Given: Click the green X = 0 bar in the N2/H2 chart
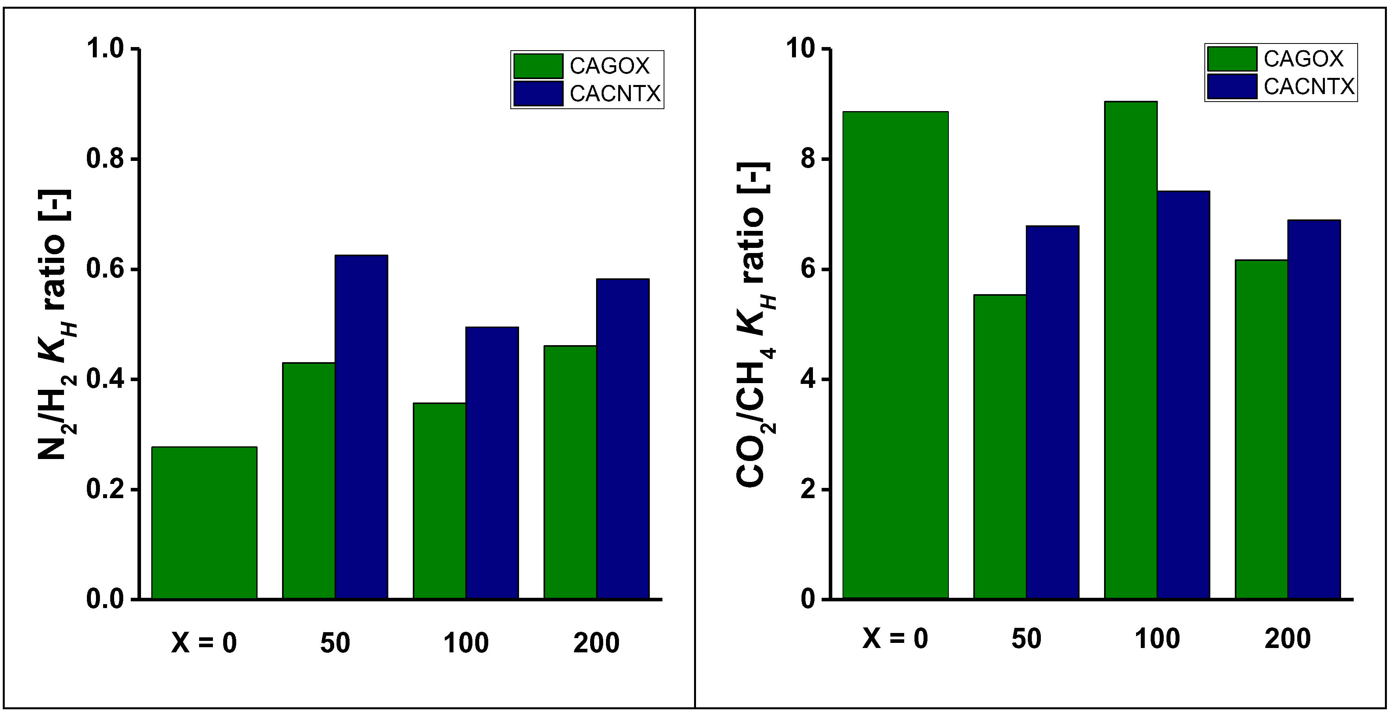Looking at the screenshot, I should [204, 523].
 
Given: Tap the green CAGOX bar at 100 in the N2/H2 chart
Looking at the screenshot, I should [439, 501].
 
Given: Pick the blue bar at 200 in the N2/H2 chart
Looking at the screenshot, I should [622, 439].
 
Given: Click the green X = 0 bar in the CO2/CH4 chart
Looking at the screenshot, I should [895, 355].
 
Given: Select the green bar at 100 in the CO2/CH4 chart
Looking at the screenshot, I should [1131, 350].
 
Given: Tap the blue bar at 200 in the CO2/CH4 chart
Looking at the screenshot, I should [1313, 409].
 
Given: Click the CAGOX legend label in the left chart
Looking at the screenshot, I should [610, 66].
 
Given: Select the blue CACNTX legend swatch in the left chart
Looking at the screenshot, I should [538, 93].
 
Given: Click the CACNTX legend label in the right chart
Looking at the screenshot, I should [1309, 87].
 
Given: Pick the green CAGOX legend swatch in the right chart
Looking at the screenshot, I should [1232, 59].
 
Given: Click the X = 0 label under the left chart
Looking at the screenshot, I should [204, 643].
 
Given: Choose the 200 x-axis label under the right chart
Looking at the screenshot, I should [1287, 639].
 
